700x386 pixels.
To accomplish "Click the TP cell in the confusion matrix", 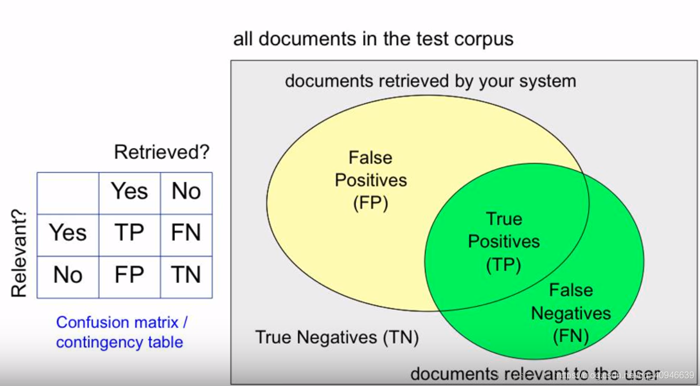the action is coord(129,233).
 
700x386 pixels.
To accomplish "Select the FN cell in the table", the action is coord(186,233).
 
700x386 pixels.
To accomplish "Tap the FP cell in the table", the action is coord(129,275).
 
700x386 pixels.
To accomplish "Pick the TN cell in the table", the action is coord(186,275).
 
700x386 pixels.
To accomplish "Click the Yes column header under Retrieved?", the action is coord(129,192).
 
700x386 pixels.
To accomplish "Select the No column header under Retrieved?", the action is coord(186,192).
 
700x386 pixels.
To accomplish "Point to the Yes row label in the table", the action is coord(68,233).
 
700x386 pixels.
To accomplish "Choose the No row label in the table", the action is coord(68,275).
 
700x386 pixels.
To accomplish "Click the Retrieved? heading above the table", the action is coord(162,152).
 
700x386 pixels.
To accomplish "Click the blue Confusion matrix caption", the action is coord(122,322).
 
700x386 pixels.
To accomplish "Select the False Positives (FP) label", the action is coord(370,180).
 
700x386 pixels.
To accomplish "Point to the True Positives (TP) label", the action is coord(504,241).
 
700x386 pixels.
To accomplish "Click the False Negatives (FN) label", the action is coord(571,313).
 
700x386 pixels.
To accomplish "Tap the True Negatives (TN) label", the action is coord(337,337).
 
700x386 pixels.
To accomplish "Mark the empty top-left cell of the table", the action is coord(68,193).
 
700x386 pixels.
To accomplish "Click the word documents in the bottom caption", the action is coord(454,374).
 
